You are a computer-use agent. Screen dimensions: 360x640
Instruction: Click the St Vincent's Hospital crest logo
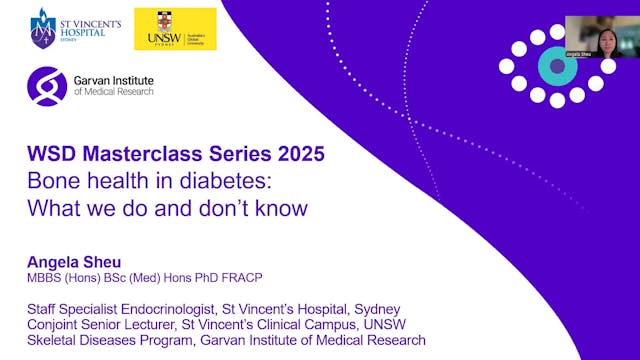(43, 28)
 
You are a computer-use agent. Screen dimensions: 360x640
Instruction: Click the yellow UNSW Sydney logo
(175, 29)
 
